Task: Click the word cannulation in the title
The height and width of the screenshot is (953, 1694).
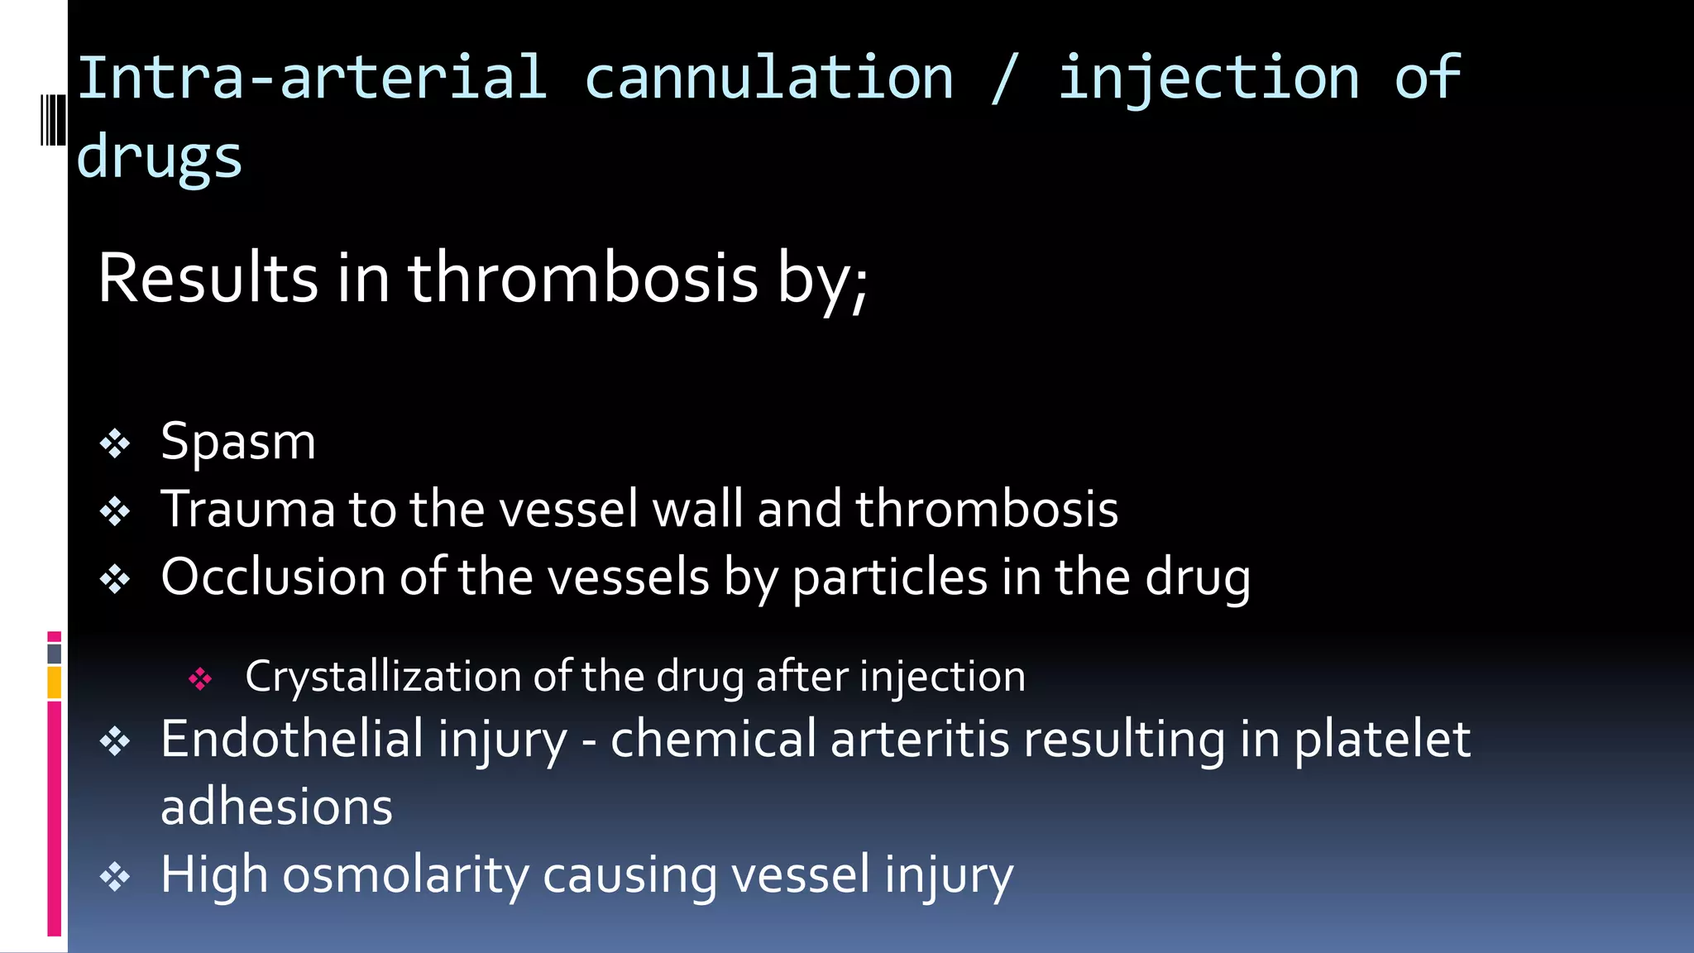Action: [768, 78]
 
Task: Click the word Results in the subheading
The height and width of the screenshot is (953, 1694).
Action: [208, 278]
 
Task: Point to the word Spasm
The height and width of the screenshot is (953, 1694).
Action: [238, 441]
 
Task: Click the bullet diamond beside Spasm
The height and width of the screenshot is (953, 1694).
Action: [115, 444]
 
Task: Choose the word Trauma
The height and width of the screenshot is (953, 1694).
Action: [247, 508]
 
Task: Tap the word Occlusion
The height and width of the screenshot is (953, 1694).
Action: [273, 576]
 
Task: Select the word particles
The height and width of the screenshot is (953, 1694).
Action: [889, 577]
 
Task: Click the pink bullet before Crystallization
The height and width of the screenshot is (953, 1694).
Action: [200, 679]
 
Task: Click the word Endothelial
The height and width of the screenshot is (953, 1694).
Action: [291, 738]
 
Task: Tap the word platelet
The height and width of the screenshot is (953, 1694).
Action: [1382, 738]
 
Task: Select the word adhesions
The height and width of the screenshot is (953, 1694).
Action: [276, 807]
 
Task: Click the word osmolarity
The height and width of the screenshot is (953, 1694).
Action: [404, 874]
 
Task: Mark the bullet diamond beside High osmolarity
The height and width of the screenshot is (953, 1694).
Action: [115, 877]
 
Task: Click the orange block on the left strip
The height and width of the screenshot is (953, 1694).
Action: [55, 683]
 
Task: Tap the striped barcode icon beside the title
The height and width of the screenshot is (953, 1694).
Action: [54, 120]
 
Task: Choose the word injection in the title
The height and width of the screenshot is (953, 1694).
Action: [1208, 78]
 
